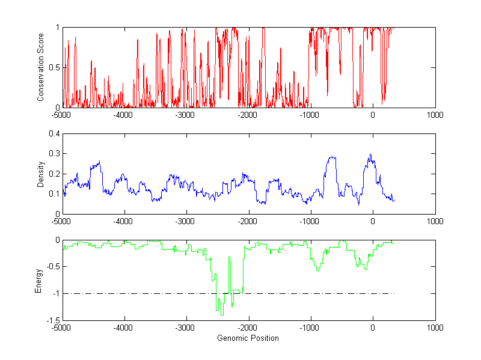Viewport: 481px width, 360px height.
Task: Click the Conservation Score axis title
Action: pos(41,67)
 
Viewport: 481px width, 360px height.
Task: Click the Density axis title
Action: pos(41,174)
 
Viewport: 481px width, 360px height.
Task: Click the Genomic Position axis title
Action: pos(248,338)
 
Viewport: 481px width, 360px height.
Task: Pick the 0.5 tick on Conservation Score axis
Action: pos(54,67)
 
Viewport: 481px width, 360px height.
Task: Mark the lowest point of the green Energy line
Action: pos(222,315)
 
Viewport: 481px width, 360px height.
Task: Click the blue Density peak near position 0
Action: pos(370,154)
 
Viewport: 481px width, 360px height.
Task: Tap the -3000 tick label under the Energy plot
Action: pos(185,328)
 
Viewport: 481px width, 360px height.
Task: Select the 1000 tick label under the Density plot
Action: pos(435,221)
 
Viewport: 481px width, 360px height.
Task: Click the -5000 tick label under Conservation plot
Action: pos(61,115)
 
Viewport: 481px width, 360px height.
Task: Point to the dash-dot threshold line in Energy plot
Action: pos(301,294)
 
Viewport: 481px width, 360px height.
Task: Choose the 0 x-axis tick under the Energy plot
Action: pos(373,328)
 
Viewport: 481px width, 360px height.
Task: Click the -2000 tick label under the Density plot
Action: pos(248,221)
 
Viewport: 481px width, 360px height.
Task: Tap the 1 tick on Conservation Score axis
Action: pos(57,27)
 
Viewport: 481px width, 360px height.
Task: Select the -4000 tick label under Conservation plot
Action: pos(123,115)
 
